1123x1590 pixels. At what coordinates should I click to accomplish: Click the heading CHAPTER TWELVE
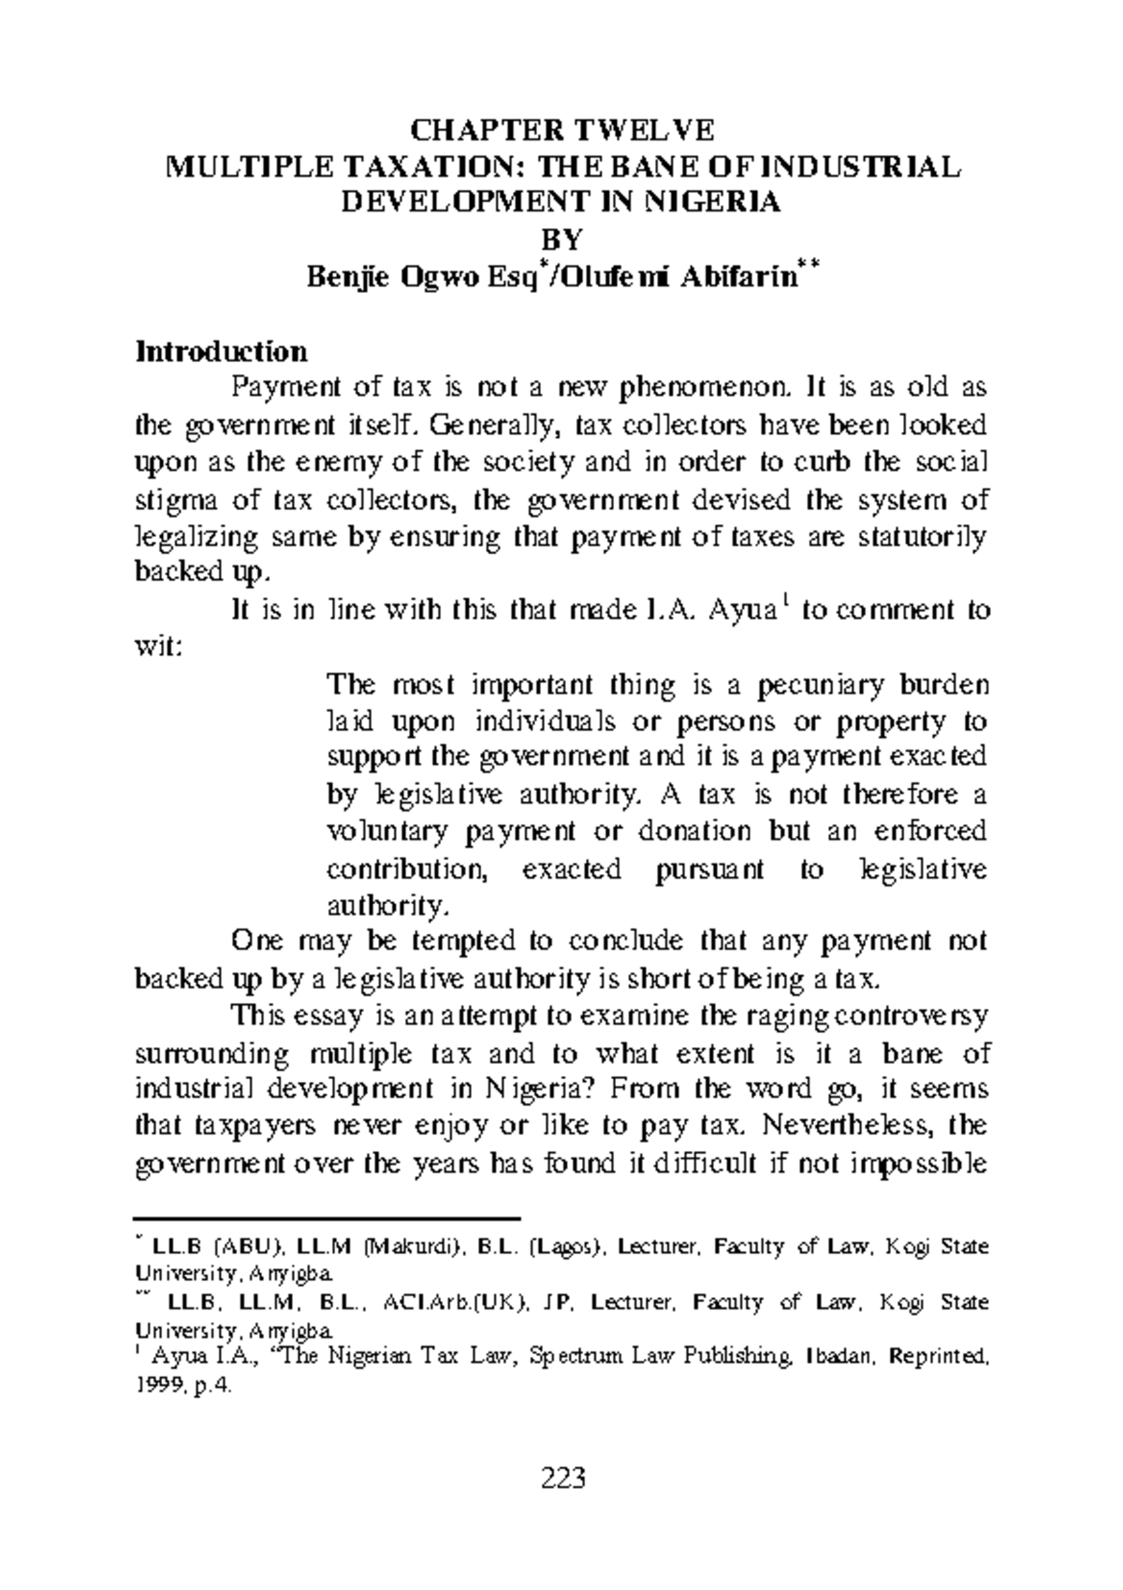pyautogui.click(x=562, y=129)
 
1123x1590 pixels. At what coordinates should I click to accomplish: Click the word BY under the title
pyautogui.click(x=562, y=240)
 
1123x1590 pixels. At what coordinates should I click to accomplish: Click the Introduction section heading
pyautogui.click(x=222, y=352)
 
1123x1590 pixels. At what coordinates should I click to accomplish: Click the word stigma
pyautogui.click(x=178, y=501)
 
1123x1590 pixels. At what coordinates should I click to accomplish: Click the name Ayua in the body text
pyautogui.click(x=744, y=612)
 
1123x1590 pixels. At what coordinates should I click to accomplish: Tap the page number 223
pyautogui.click(x=562, y=1479)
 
